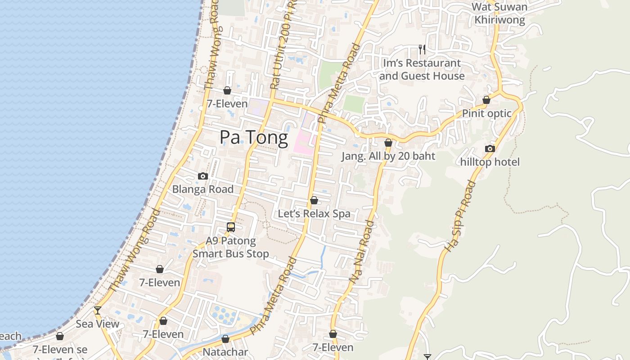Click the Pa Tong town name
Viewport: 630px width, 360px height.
pyautogui.click(x=254, y=138)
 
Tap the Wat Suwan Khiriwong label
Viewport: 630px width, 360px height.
pyautogui.click(x=499, y=13)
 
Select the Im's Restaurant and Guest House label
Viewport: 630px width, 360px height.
pyautogui.click(x=422, y=69)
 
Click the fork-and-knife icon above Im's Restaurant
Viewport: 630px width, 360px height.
pyautogui.click(x=422, y=49)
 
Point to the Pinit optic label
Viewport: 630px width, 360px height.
pyautogui.click(x=486, y=113)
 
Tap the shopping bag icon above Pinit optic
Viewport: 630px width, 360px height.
pyautogui.click(x=486, y=100)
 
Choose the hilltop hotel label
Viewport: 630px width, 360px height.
pyautogui.click(x=490, y=162)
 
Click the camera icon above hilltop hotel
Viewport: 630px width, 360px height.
pyautogui.click(x=490, y=149)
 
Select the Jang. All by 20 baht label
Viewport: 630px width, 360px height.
pyautogui.click(x=388, y=156)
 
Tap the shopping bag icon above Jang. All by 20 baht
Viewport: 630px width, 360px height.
pyautogui.click(x=388, y=143)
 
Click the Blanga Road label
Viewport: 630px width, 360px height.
pyautogui.click(x=203, y=189)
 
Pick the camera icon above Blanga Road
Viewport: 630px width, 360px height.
pyautogui.click(x=203, y=176)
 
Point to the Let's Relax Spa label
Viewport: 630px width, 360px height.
pyautogui.click(x=314, y=213)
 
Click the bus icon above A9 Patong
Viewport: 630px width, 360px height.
pyautogui.click(x=231, y=227)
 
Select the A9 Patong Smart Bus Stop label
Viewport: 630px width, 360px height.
pyautogui.click(x=231, y=247)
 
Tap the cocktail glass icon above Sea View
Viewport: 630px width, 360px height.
pyautogui.click(x=98, y=310)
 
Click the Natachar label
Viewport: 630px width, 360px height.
pyautogui.click(x=225, y=351)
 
